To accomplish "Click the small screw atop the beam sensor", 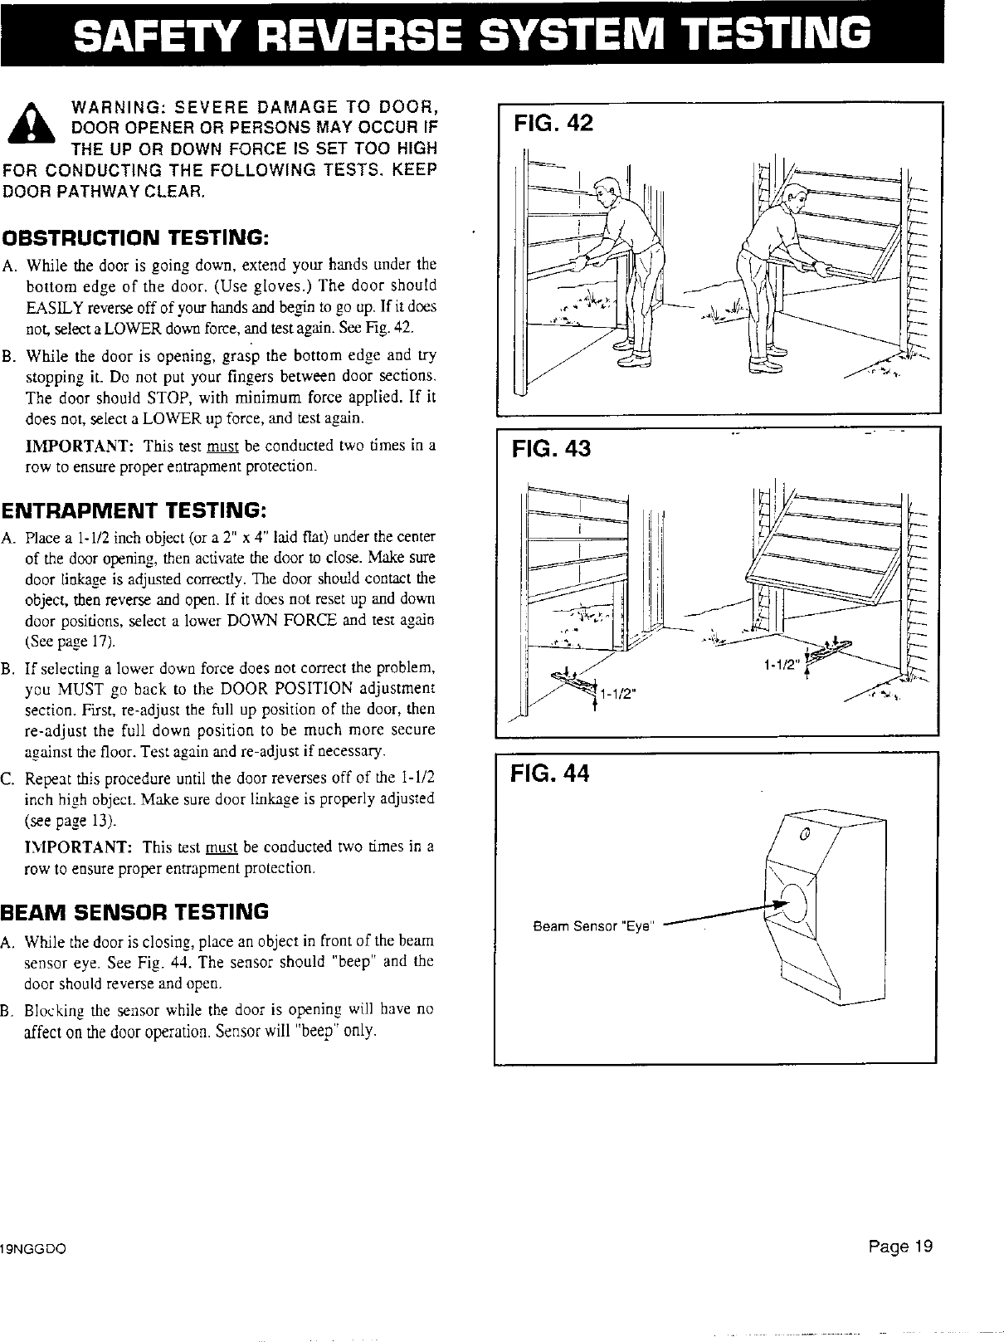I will (804, 834).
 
